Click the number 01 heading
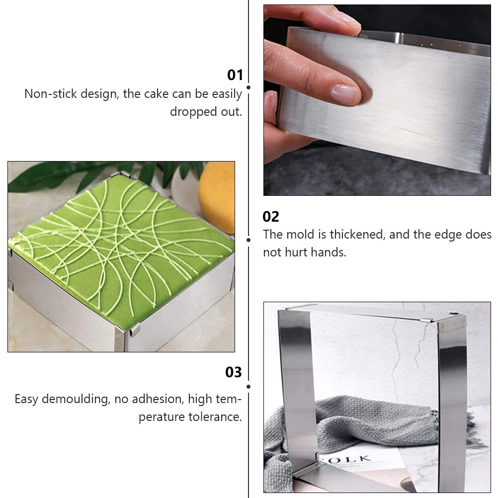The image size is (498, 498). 235,75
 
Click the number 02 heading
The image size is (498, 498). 271,217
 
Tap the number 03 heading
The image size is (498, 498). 234,372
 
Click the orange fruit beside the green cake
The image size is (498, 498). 217,197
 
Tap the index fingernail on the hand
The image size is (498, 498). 344,94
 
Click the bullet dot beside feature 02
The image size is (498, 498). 249,240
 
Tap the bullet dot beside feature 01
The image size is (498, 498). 249,87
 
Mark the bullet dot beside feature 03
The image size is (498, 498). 249,387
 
